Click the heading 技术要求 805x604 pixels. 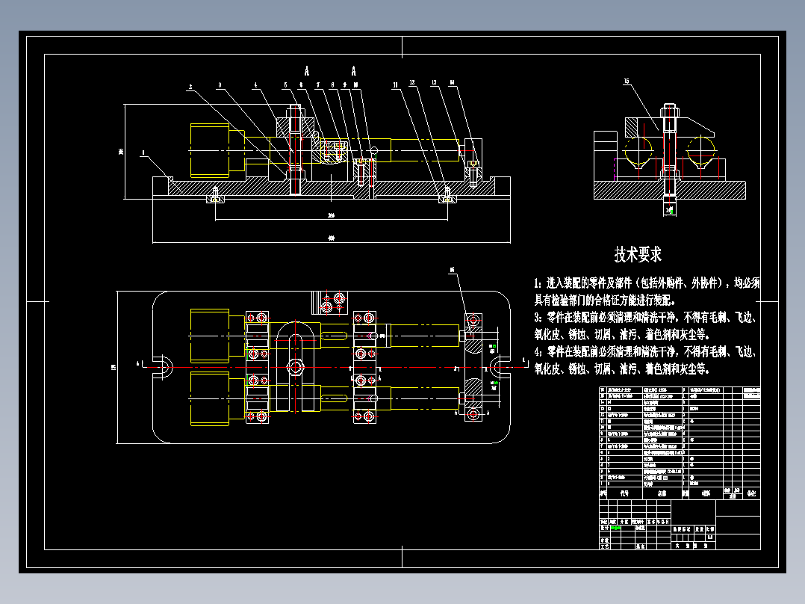click(638, 254)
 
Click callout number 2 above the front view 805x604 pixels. click(190, 87)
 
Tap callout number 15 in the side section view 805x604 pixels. click(627, 81)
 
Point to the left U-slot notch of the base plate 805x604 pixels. click(163, 366)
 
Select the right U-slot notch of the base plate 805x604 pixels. click(498, 366)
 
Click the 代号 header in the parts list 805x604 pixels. click(624, 493)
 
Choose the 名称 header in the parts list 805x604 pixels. click(661, 493)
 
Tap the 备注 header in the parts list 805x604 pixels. click(751, 493)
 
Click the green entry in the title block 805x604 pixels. click(615, 527)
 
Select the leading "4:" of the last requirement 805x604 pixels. click(538, 351)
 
